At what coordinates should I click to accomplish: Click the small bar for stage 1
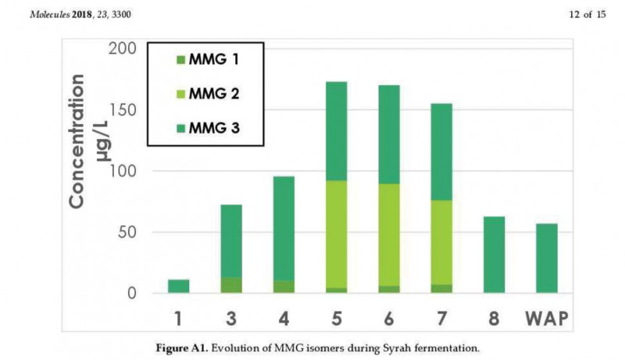[178, 286]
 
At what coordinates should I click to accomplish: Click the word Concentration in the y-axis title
[77, 141]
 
